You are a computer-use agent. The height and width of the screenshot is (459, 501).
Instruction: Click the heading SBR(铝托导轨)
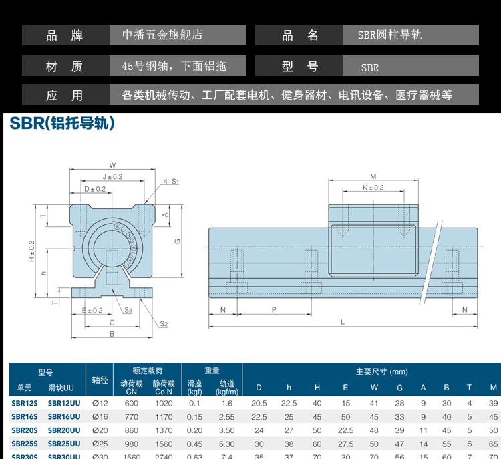(62, 123)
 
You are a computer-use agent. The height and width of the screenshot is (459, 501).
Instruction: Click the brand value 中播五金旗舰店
(162, 35)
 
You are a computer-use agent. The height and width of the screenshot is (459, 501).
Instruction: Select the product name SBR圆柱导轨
(390, 35)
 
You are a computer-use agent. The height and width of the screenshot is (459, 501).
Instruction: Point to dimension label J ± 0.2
(112, 177)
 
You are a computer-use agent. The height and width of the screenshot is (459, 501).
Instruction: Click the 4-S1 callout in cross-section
(172, 182)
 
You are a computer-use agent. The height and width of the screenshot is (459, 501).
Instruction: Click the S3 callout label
(128, 310)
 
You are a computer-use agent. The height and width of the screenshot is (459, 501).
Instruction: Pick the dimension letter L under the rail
(343, 322)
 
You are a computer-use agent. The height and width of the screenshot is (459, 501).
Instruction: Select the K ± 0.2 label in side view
(373, 188)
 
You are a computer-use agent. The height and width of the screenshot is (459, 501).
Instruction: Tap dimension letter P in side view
(274, 310)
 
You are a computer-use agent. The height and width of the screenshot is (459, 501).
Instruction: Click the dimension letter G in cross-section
(178, 241)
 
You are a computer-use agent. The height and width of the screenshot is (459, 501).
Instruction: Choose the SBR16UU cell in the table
(64, 416)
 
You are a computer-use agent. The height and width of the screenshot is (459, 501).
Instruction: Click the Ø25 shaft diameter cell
(100, 444)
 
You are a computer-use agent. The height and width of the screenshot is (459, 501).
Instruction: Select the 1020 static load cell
(163, 403)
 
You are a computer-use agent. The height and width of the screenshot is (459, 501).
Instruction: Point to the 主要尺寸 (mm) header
(381, 371)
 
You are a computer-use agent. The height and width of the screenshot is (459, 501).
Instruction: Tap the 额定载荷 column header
(147, 370)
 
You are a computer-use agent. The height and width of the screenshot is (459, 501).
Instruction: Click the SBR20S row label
(24, 430)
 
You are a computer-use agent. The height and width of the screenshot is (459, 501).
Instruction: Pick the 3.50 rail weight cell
(226, 430)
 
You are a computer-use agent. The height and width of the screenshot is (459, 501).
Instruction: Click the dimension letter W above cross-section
(112, 165)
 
